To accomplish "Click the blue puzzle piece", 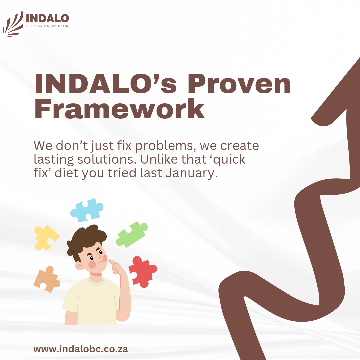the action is tap(87, 210).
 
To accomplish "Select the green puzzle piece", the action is tap(131, 234).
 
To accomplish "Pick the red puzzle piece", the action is tap(142, 272).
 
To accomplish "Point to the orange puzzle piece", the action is tap(47, 279).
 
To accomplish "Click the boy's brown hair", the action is tap(86, 239).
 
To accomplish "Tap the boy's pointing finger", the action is tap(113, 262).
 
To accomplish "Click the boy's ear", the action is tap(79, 266).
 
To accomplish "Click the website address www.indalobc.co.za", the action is tap(81, 349).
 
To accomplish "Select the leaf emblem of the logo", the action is tap(13, 23).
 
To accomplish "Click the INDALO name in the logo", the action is tap(48, 18).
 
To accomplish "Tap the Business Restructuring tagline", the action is tap(48, 26).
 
